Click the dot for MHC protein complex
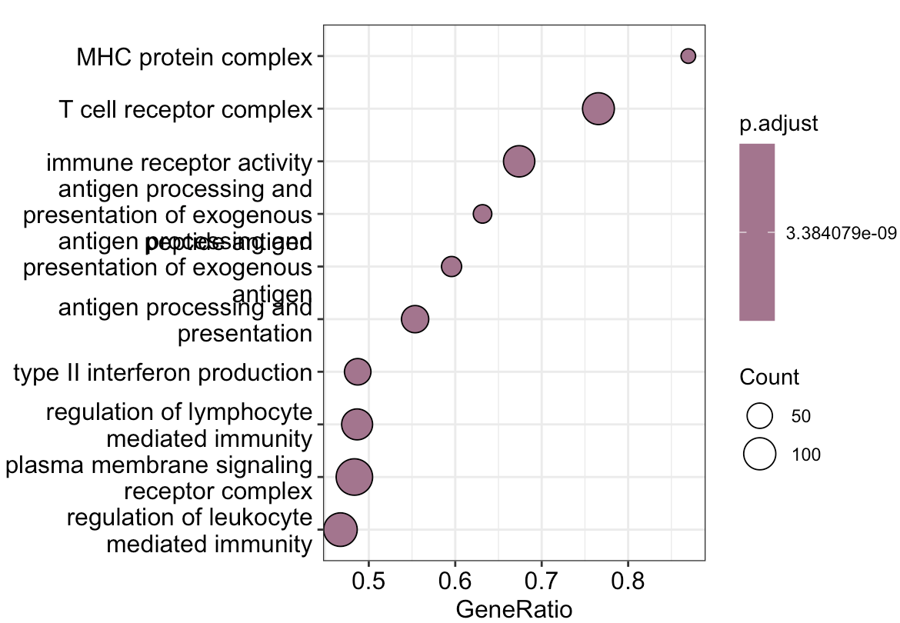tap(688, 56)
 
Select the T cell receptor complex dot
tap(598, 108)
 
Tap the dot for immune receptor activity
tap(519, 162)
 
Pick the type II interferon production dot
tap(357, 371)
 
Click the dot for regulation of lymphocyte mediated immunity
tap(357, 425)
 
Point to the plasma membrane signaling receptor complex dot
tap(355, 477)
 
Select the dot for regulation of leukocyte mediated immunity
tap(340, 530)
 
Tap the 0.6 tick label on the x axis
tap(455, 579)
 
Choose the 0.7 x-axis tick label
tap(542, 579)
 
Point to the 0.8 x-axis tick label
tap(628, 579)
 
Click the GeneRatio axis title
tap(514, 610)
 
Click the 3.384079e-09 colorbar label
tap(842, 232)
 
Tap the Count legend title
tap(769, 378)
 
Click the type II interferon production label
tap(163, 373)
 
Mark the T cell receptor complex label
tap(185, 109)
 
